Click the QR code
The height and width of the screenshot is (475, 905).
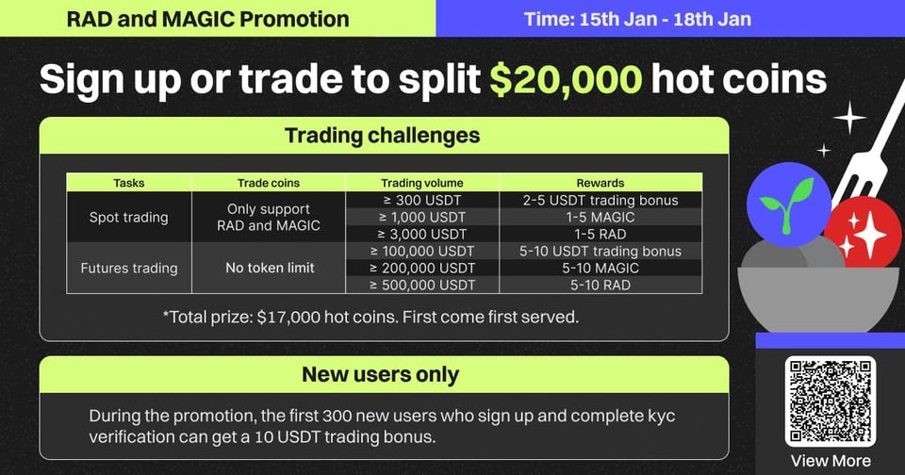(830, 401)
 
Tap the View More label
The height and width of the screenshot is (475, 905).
(831, 461)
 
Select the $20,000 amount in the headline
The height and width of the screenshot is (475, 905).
(566, 79)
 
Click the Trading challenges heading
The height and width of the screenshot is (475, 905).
(382, 136)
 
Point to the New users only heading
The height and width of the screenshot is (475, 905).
(380, 374)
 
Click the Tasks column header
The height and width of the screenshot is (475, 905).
(129, 183)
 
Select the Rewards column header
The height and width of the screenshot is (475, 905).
(601, 183)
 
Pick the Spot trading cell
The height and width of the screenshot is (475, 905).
(129, 218)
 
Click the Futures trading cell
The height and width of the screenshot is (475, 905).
(129, 269)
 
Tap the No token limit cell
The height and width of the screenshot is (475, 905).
(271, 268)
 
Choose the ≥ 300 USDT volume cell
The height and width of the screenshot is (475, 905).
(422, 201)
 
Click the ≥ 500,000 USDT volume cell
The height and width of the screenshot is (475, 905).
(422, 286)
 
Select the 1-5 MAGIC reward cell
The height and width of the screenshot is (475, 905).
(601, 217)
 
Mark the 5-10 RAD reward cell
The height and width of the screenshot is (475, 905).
(601, 286)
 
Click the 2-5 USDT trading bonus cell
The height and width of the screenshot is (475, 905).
(601, 201)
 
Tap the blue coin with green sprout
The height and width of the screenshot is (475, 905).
(788, 205)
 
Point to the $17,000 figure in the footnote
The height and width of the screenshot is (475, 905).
(287, 317)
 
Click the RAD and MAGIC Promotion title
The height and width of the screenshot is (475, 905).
(207, 19)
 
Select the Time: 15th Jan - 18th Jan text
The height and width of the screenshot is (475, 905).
(638, 19)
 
